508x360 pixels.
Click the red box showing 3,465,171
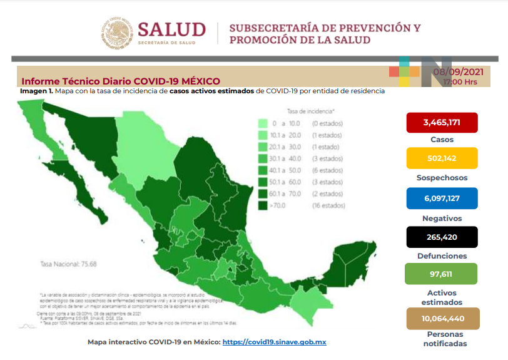(x=442, y=123)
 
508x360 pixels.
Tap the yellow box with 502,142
(x=442, y=158)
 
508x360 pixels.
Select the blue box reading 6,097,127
(x=442, y=198)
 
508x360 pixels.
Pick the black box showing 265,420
(x=442, y=237)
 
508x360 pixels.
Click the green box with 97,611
(x=442, y=274)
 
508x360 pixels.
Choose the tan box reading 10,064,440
(x=442, y=318)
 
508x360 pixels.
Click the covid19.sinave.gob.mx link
(x=274, y=342)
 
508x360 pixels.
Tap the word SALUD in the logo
(x=171, y=29)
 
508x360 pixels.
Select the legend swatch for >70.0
(x=263, y=205)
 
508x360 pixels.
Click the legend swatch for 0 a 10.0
(x=263, y=124)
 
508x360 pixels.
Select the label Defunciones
(x=442, y=256)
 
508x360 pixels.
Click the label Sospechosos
(x=442, y=177)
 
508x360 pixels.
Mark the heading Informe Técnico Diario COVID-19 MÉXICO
(x=121, y=81)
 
